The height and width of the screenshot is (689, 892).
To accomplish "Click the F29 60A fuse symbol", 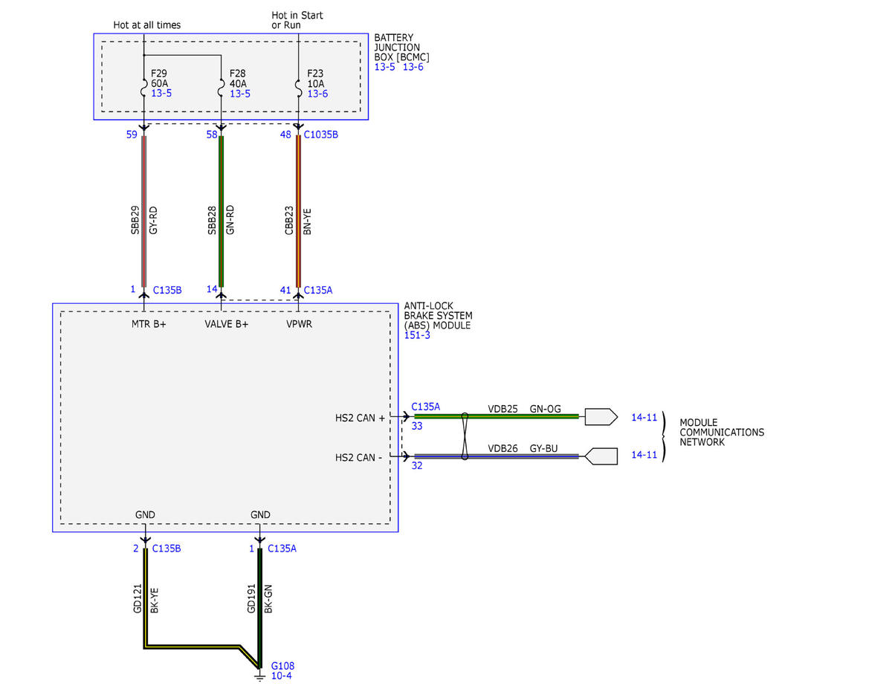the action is pyautogui.click(x=143, y=88).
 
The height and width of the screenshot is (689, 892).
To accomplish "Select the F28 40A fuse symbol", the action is pyautogui.click(x=221, y=88).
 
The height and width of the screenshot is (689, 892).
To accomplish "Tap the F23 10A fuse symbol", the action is pyautogui.click(x=298, y=88).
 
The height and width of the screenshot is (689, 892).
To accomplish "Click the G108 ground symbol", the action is pyautogui.click(x=259, y=676).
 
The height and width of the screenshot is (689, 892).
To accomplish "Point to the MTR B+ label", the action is pyautogui.click(x=149, y=324).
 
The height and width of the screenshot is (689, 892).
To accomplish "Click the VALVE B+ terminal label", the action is pyautogui.click(x=227, y=324).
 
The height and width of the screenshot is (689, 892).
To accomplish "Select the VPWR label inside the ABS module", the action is pyautogui.click(x=300, y=324).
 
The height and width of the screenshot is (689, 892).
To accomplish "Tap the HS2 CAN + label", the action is pyautogui.click(x=360, y=418).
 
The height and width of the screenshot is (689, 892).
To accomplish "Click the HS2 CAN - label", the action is pyautogui.click(x=358, y=458).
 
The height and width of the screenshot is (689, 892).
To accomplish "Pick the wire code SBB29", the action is pyautogui.click(x=135, y=220).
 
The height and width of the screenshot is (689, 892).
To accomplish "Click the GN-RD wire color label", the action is pyautogui.click(x=230, y=220).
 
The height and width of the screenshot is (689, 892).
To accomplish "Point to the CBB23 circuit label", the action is pyautogui.click(x=289, y=220).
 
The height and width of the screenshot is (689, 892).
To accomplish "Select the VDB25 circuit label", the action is pyautogui.click(x=502, y=409).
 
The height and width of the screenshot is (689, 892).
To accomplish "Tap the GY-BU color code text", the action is pyautogui.click(x=543, y=448).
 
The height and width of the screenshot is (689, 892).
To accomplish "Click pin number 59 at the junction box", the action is pyautogui.click(x=132, y=135).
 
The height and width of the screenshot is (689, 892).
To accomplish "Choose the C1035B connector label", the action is pyautogui.click(x=321, y=135).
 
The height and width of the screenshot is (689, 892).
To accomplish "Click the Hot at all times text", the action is pyautogui.click(x=147, y=25).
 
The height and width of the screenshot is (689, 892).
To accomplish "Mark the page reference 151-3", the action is pyautogui.click(x=417, y=335).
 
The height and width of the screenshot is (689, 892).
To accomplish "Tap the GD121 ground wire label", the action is pyautogui.click(x=138, y=599).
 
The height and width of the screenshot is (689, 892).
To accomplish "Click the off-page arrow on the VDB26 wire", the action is pyautogui.click(x=601, y=456).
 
